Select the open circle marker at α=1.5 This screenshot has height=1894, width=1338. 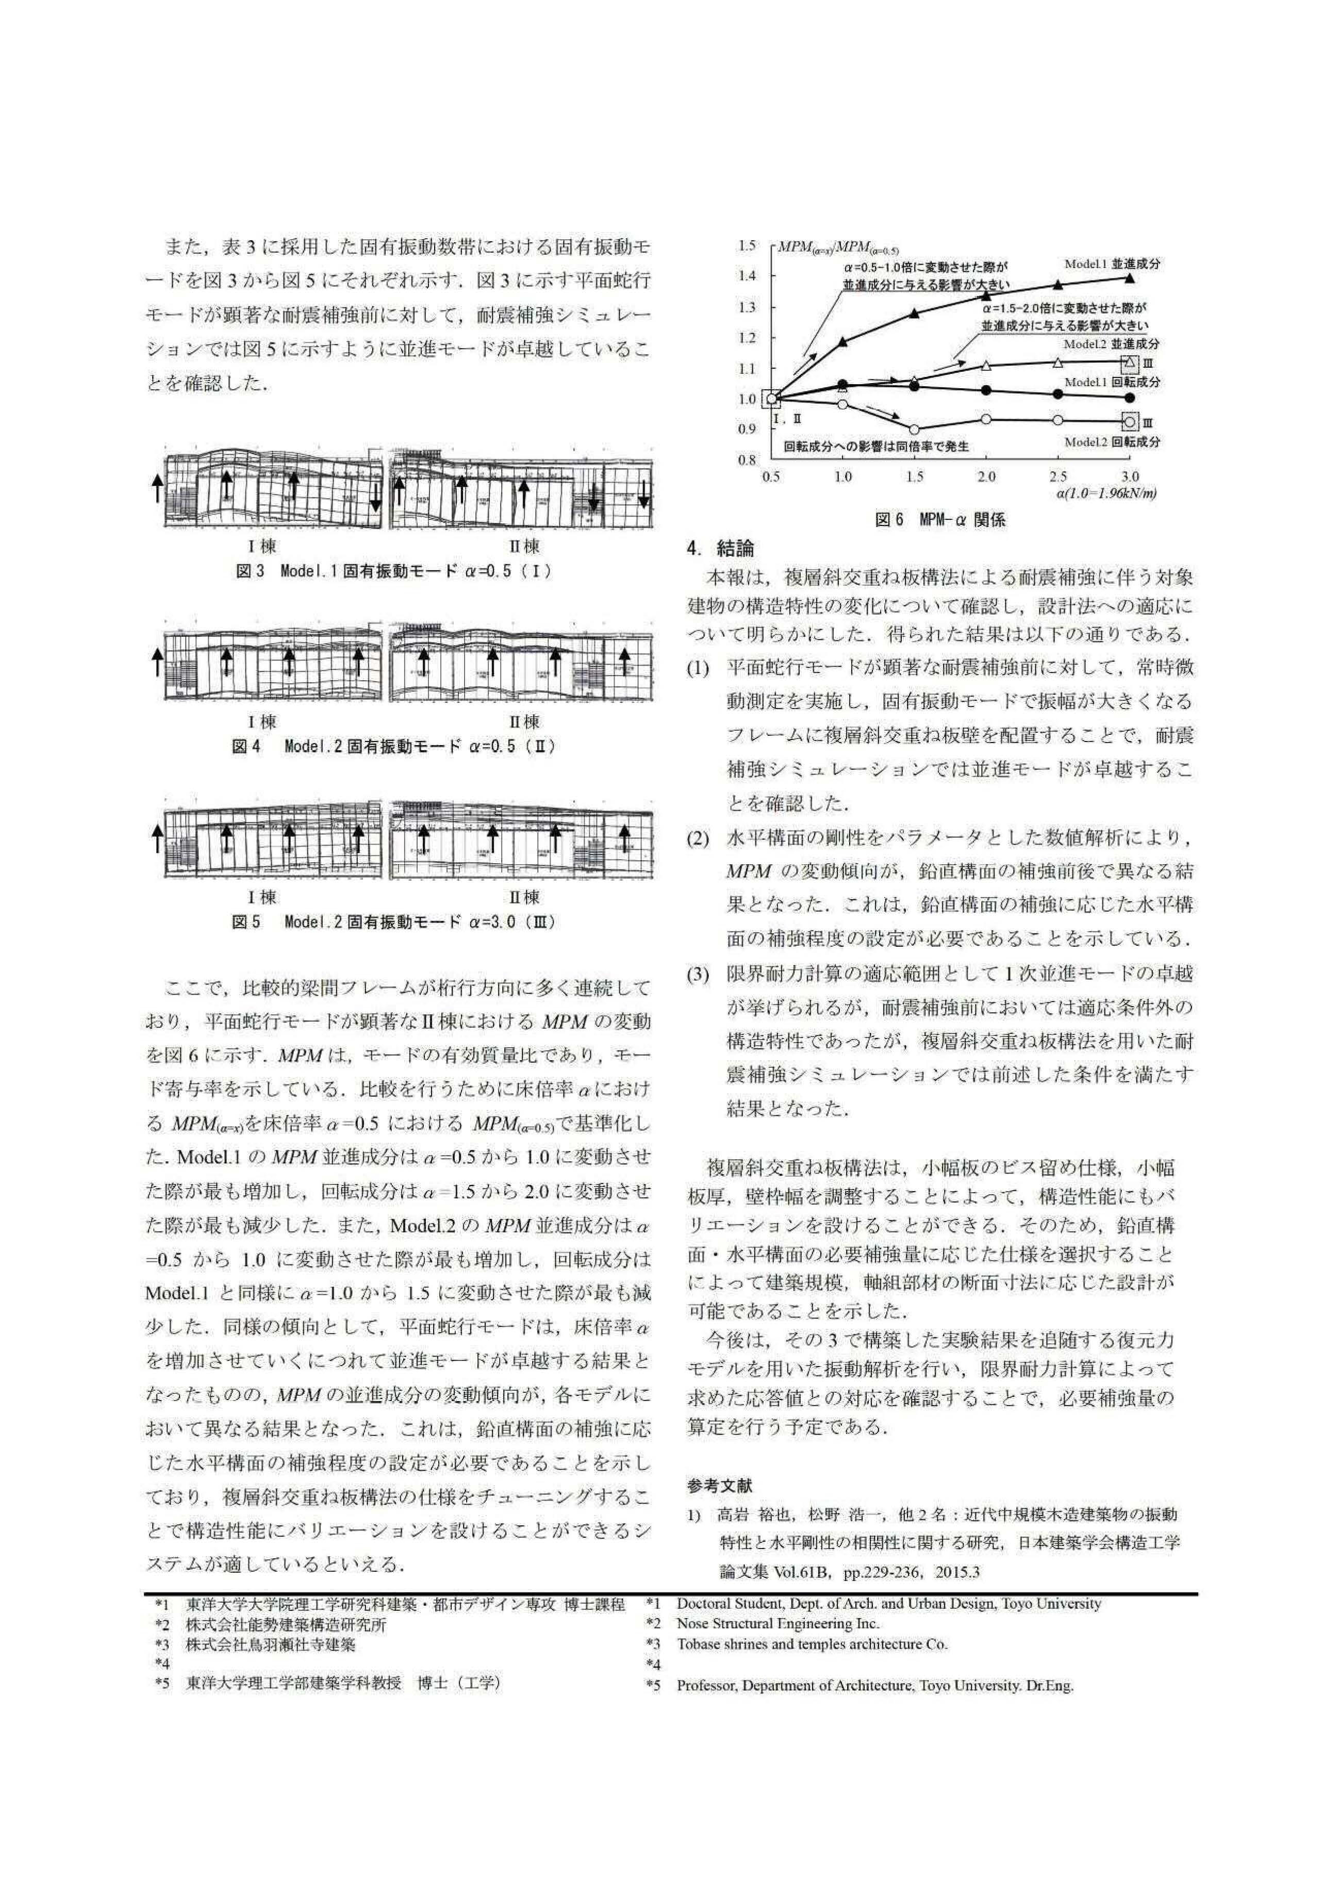[x=914, y=429]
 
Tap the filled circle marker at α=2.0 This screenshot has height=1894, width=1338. [x=986, y=390]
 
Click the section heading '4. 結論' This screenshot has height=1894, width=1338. [x=720, y=547]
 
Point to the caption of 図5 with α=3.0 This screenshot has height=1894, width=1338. [x=393, y=921]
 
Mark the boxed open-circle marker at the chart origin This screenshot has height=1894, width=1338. [x=771, y=399]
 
